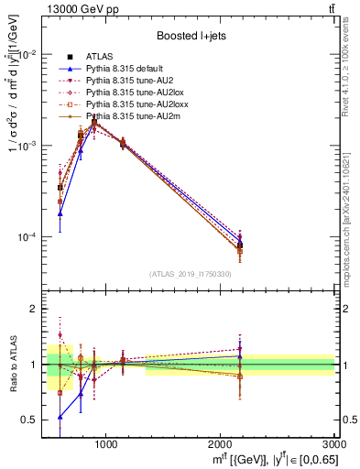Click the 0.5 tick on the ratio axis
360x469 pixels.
click(29, 420)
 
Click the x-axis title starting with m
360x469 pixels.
click(261, 458)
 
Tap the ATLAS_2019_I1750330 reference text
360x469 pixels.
click(190, 273)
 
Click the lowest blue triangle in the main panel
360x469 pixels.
click(60, 213)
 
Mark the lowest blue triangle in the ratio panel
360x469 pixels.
click(60, 416)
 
